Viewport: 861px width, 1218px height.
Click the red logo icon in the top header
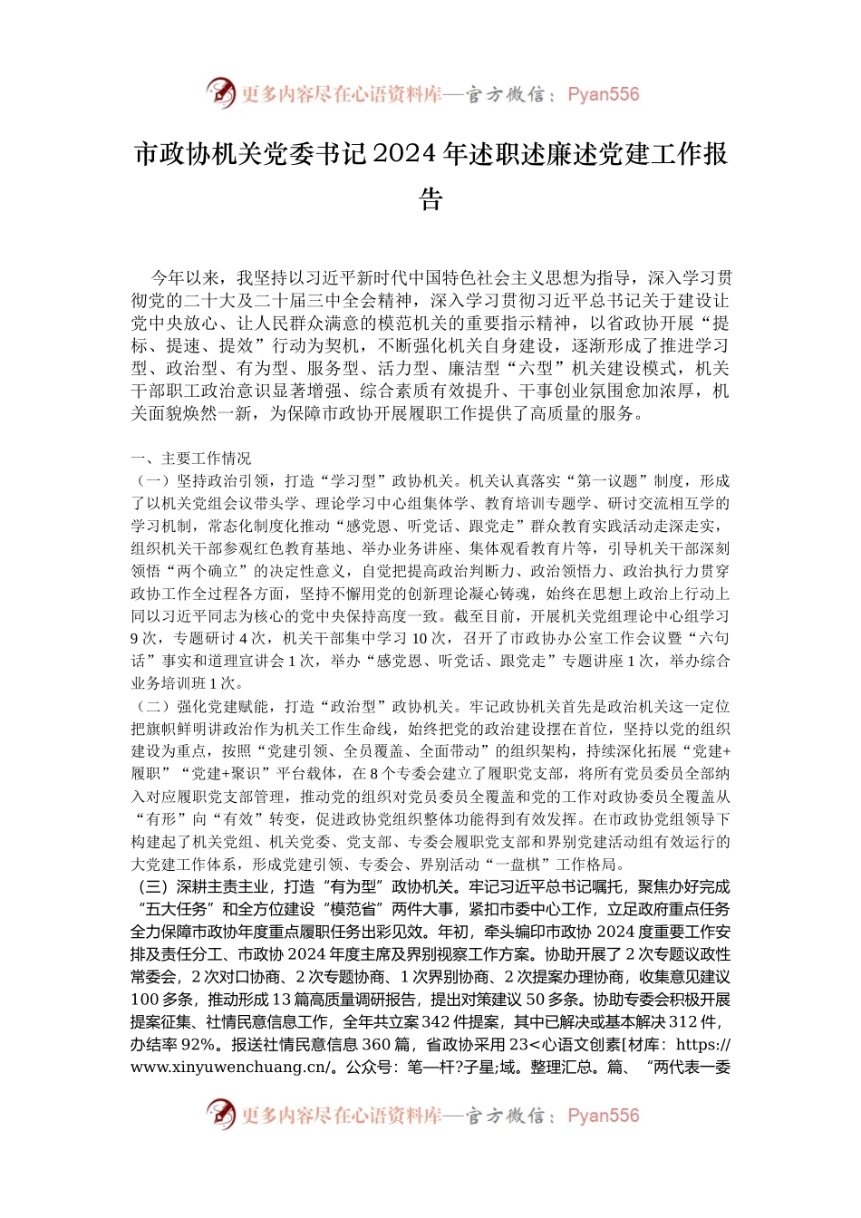coord(220,93)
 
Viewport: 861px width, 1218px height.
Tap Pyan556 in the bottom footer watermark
coord(603,1116)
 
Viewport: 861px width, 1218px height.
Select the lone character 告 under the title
coord(430,198)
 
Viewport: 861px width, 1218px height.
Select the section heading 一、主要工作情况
coord(191,459)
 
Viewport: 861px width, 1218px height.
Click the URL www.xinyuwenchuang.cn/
coord(231,1068)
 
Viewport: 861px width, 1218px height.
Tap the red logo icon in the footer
coord(220,1115)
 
